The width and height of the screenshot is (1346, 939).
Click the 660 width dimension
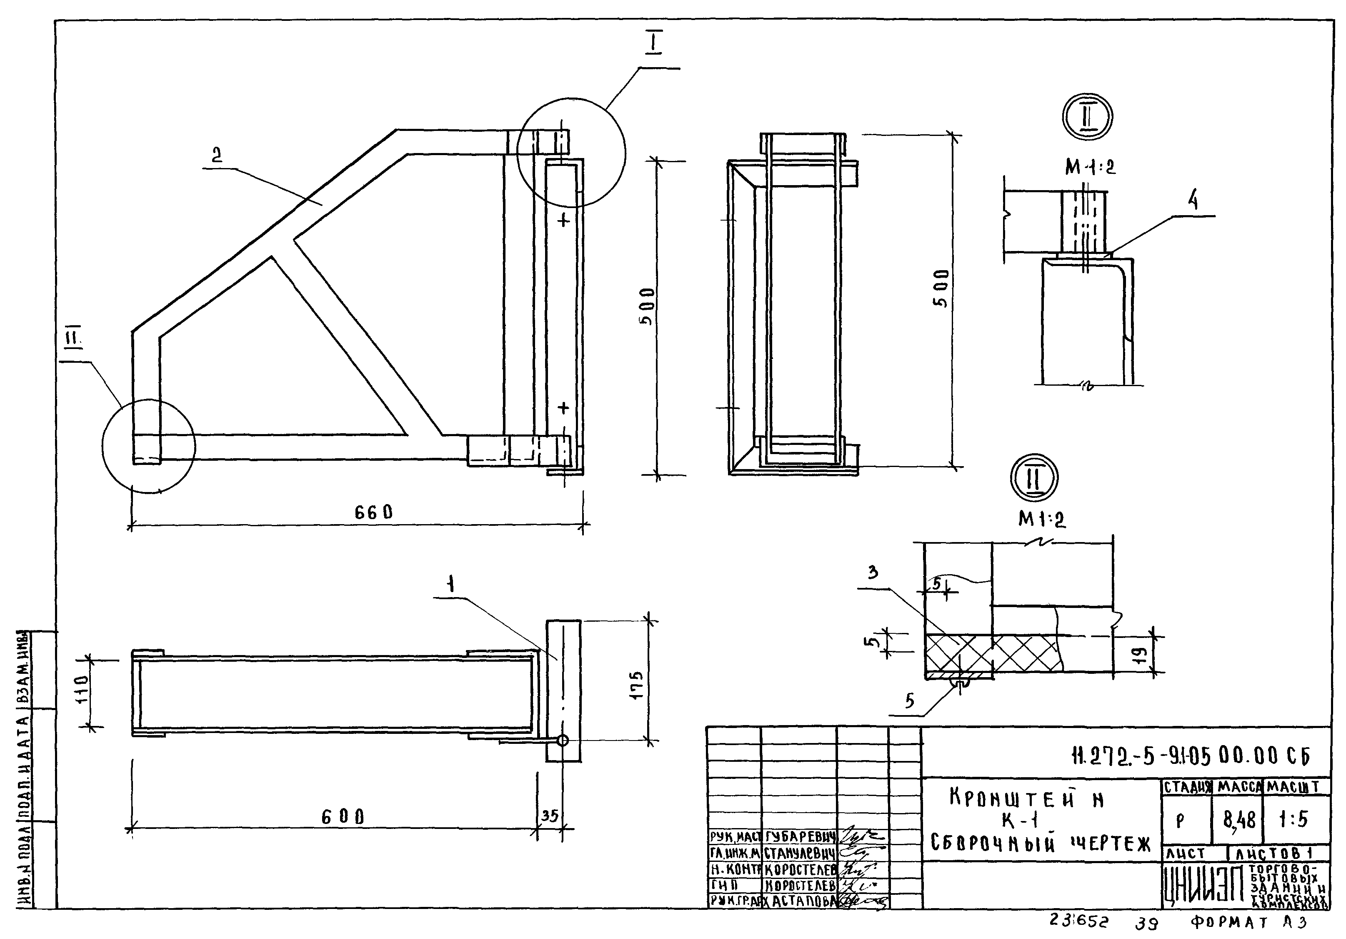point(373,512)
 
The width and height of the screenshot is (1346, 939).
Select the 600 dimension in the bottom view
point(343,816)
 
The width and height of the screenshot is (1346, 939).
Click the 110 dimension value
point(80,689)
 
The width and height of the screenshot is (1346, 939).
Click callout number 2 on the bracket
point(217,155)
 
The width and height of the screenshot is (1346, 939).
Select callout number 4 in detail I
point(1192,201)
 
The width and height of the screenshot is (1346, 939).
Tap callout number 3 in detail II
point(873,573)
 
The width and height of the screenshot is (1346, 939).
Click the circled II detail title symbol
point(1034,477)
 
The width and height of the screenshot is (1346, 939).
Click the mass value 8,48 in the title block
point(1239,819)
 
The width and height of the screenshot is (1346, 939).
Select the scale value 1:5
point(1293,819)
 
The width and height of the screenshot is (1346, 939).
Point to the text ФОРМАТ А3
point(1248,923)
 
